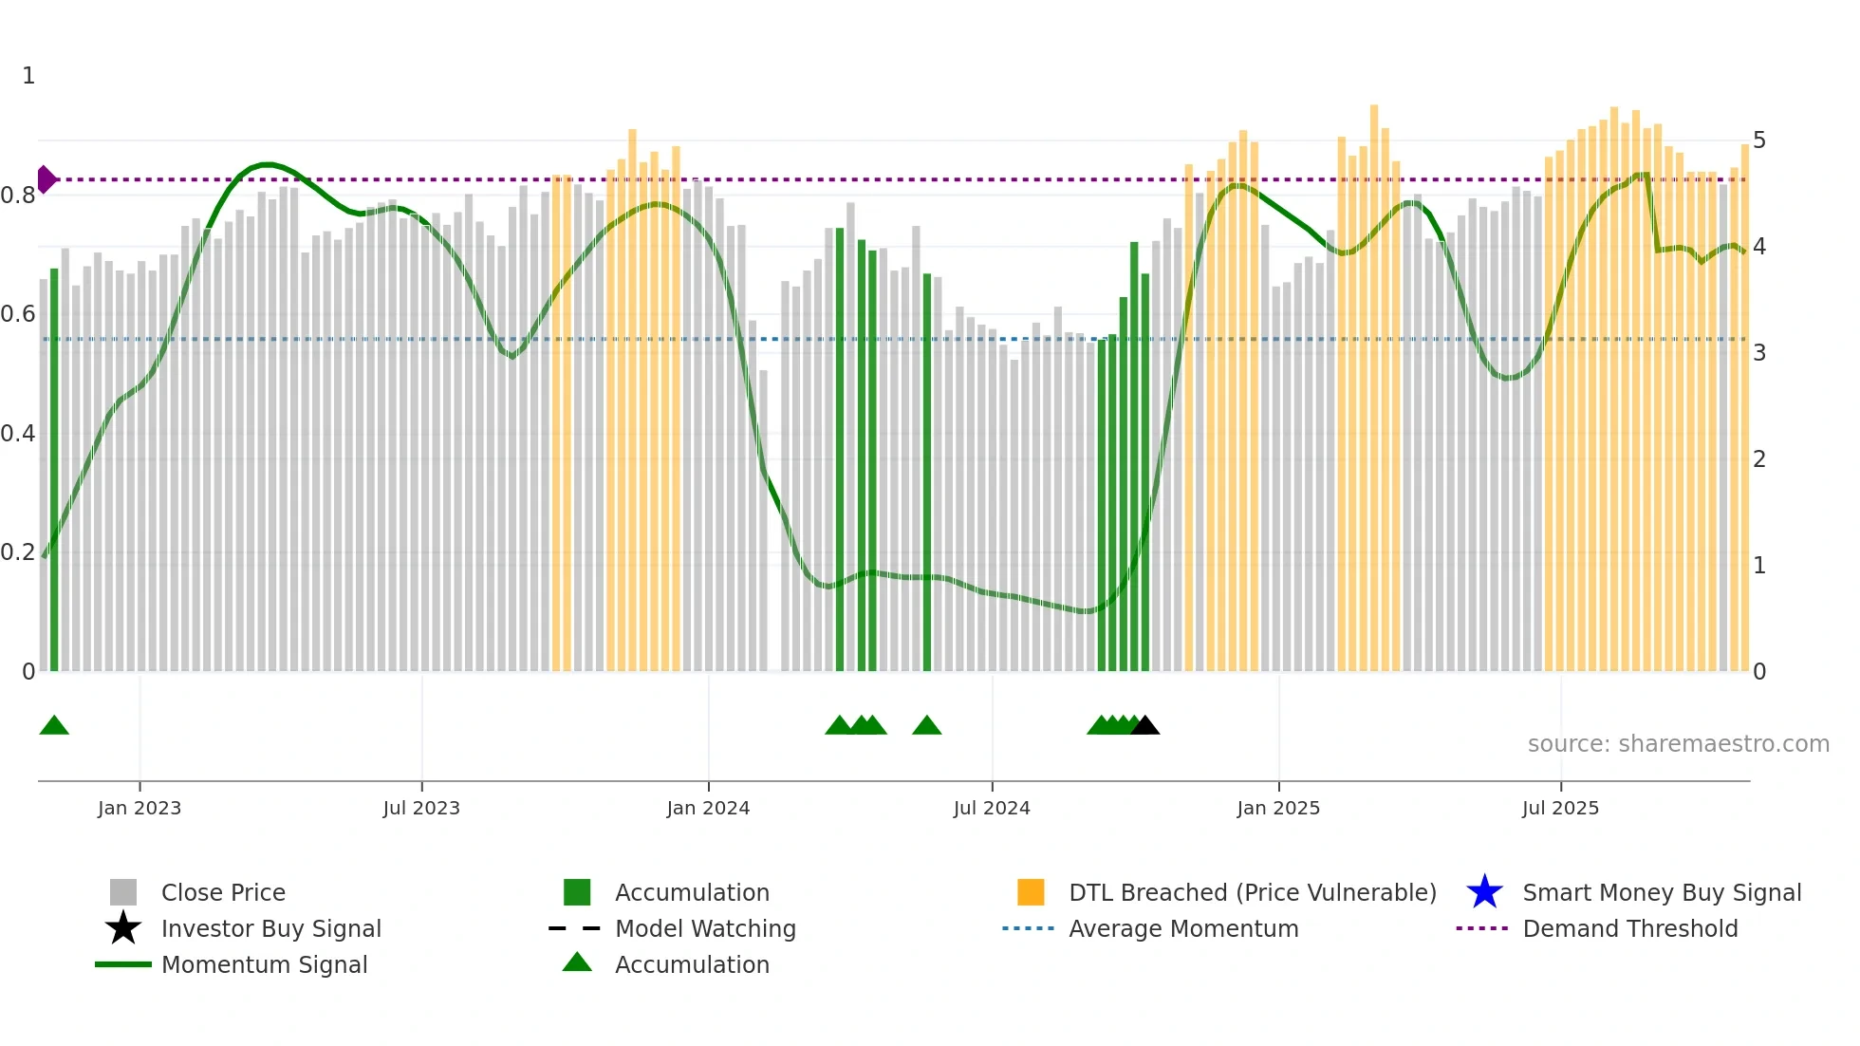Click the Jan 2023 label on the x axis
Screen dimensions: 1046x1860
(x=139, y=808)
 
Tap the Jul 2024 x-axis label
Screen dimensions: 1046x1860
(x=991, y=808)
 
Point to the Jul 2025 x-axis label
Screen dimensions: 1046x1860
(x=1560, y=808)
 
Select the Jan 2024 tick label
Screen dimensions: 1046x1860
(x=708, y=808)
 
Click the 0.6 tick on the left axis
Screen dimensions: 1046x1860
(x=18, y=314)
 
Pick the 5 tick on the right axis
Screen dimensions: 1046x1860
(x=1759, y=140)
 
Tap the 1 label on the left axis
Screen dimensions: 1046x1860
(x=28, y=76)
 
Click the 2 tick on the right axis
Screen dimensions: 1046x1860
(x=1759, y=459)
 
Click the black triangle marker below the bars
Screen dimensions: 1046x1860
(x=1145, y=726)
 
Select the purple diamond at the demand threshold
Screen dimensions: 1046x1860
(x=46, y=179)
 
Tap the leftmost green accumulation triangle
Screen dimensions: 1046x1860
(x=54, y=726)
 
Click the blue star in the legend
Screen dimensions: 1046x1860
(x=1484, y=892)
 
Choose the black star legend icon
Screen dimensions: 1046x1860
(x=123, y=928)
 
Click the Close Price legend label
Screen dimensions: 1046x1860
(x=223, y=892)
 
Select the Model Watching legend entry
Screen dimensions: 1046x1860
(x=705, y=928)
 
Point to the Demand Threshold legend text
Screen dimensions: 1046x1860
(x=1629, y=928)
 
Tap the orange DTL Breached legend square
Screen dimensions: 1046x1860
(x=1031, y=892)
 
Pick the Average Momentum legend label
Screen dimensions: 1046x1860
(x=1183, y=928)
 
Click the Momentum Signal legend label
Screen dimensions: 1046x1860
(x=264, y=964)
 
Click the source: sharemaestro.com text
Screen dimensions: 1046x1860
(x=1678, y=744)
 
